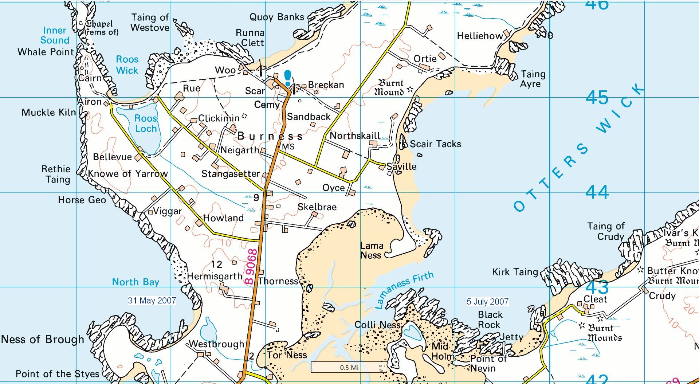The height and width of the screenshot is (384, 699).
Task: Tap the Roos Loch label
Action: tap(145, 124)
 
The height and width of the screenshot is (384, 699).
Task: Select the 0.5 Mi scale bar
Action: tap(349, 367)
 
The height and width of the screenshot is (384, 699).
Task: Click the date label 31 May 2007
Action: tap(152, 301)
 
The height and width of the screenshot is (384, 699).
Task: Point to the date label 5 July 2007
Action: tap(487, 302)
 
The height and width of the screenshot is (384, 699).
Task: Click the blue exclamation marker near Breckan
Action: tap(288, 78)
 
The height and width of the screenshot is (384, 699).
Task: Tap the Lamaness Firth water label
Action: tap(404, 289)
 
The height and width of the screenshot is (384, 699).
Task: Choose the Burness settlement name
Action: tap(270, 136)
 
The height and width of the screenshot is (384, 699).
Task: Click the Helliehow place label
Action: tap(480, 36)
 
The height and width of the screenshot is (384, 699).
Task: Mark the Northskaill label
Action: tap(355, 136)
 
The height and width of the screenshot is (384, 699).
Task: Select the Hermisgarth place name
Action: tap(215, 277)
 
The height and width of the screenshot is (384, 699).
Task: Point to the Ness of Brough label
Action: tap(43, 340)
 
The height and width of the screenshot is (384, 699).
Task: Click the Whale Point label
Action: tap(46, 52)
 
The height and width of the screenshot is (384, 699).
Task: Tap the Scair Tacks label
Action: tap(435, 144)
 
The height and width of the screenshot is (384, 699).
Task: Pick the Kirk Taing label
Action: tap(515, 272)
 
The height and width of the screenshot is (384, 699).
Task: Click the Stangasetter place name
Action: tap(231, 174)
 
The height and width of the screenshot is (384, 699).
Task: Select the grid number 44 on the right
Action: tap(597, 192)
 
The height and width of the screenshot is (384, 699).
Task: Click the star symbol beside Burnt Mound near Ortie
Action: tap(411, 89)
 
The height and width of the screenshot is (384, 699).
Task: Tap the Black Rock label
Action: tap(490, 320)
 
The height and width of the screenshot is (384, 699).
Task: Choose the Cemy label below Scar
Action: tap(267, 105)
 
